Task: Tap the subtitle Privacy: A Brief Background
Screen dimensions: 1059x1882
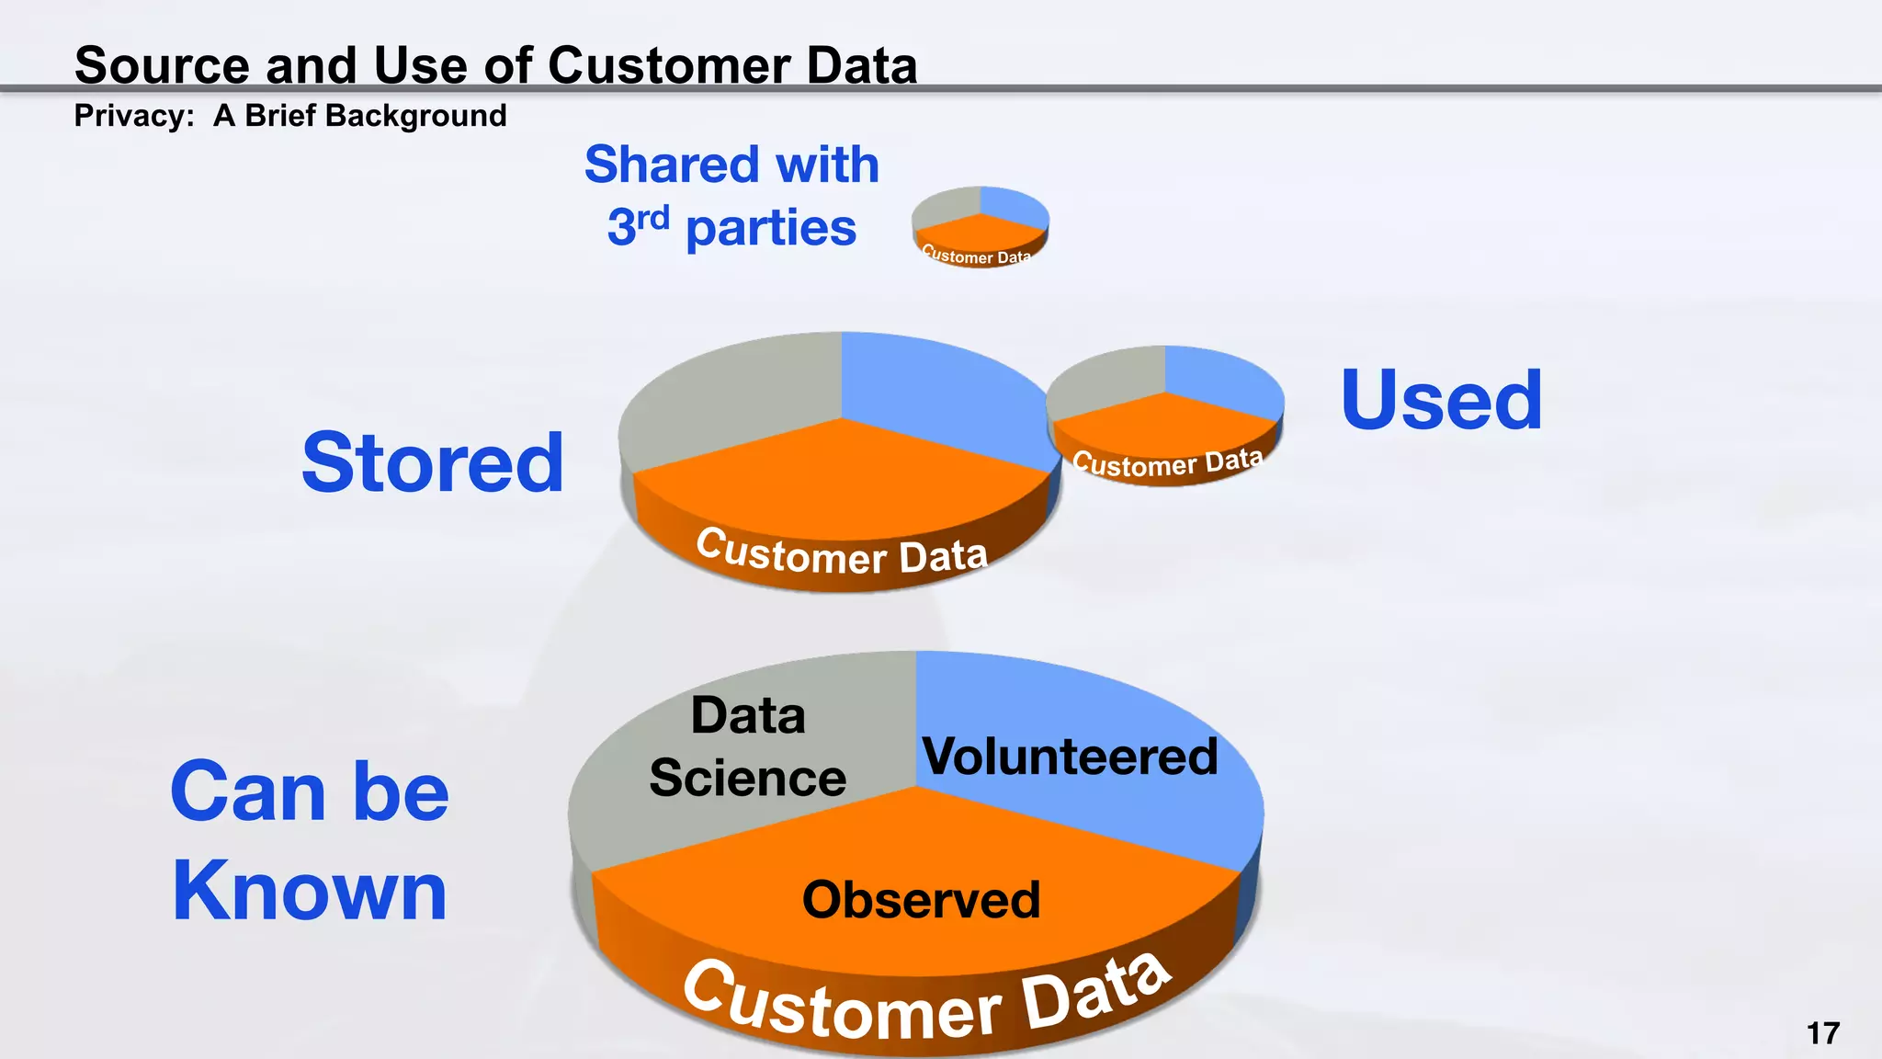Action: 290,116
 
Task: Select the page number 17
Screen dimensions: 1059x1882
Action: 1822,1033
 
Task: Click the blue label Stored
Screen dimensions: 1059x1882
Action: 432,462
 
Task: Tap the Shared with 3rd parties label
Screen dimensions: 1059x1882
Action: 731,196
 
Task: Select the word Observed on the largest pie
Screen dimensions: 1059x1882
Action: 921,899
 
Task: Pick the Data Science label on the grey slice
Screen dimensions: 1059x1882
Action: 747,746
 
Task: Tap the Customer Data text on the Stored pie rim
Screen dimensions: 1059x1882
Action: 842,554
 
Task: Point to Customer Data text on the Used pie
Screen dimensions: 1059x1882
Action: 1167,462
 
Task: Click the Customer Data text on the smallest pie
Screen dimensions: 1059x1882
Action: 976,256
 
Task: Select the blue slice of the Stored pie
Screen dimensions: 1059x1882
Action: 928,386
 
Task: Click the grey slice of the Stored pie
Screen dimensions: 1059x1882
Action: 735,395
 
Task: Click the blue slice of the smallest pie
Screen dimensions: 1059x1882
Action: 1011,206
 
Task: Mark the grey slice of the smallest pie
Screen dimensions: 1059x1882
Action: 947,208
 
